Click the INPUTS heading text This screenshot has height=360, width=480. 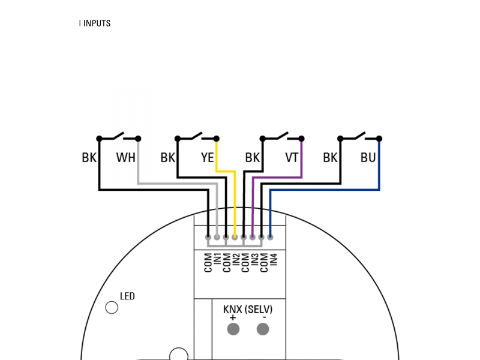(x=97, y=23)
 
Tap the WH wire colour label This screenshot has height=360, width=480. (x=125, y=158)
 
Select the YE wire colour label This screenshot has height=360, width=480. (x=207, y=158)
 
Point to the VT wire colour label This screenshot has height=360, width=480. (x=292, y=158)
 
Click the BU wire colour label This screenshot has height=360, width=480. (x=368, y=158)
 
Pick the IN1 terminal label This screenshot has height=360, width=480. (x=217, y=262)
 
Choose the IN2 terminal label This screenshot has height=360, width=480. (x=236, y=262)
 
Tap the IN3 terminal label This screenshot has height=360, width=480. (x=254, y=262)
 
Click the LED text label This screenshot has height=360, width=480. (x=127, y=296)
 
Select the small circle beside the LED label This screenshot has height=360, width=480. (x=112, y=307)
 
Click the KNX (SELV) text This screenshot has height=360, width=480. (x=248, y=310)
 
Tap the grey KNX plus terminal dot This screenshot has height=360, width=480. (x=233, y=329)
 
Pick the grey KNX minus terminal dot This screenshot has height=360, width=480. (x=263, y=329)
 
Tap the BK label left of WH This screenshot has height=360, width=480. (x=89, y=158)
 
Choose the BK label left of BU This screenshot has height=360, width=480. (x=330, y=158)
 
